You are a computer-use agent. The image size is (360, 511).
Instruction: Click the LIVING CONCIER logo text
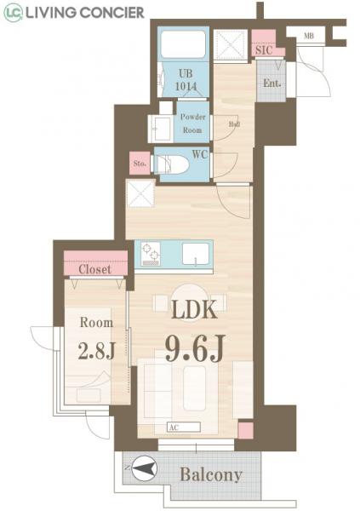point(85,12)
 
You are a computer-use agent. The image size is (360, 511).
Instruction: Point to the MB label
point(307,37)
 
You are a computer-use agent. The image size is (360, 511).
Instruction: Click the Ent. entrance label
point(271,83)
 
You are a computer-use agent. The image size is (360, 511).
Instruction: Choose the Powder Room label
point(191,125)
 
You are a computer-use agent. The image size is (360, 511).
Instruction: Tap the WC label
point(200,155)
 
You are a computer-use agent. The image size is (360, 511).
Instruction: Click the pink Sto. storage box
point(140,164)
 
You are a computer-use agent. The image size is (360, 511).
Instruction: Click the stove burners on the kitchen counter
point(151,254)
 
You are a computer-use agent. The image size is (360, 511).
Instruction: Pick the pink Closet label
point(94,269)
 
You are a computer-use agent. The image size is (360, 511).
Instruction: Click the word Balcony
point(210,474)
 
